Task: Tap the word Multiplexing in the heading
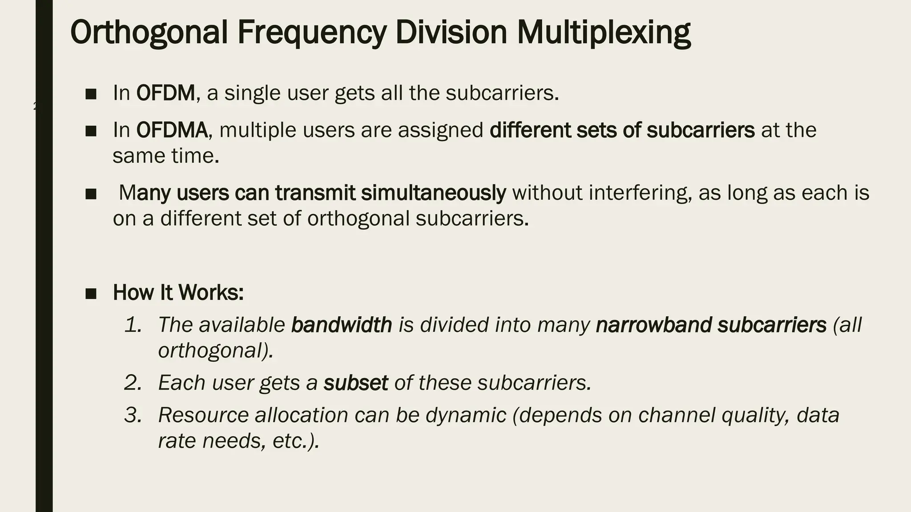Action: pos(604,33)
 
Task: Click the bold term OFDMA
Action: pos(172,130)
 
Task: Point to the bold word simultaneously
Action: pos(433,193)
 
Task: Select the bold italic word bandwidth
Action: pos(341,325)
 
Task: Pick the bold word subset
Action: pos(355,383)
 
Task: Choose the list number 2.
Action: pos(133,383)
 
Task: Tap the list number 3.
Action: pos(133,415)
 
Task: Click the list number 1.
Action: pos(133,325)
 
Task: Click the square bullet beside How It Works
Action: pos(91,293)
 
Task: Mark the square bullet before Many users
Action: pos(91,194)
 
